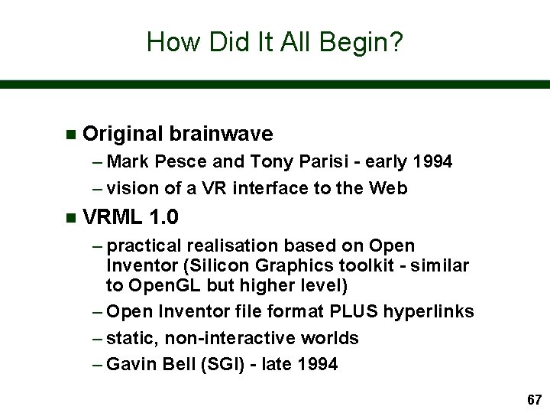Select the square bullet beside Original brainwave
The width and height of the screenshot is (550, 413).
tap(71, 135)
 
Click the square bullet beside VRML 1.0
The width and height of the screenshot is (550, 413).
tap(71, 218)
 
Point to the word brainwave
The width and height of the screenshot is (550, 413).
tap(222, 134)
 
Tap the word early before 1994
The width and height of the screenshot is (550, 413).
tap(385, 162)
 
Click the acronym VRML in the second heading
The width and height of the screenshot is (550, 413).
tap(114, 218)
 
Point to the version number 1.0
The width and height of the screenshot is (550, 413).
tap(164, 218)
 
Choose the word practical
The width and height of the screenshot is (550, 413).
tap(146, 246)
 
